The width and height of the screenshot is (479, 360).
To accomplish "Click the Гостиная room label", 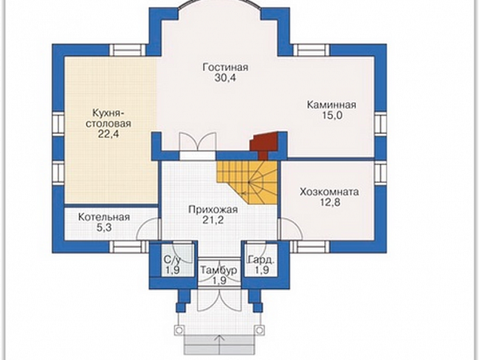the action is pos(225,67).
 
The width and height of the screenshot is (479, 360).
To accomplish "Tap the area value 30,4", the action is pos(225,78).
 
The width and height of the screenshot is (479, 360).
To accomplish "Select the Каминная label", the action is pos(332,105).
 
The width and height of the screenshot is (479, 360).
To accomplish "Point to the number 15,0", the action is pos(332,116).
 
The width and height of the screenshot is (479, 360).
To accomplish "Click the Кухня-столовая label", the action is pos(108,118).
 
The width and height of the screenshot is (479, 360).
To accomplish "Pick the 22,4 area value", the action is pos(108,134).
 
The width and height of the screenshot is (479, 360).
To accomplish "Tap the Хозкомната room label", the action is pos(329,192).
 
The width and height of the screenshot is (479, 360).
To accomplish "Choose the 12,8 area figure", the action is pos(330,203).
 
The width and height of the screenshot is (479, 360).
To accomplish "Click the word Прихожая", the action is pos(213,209).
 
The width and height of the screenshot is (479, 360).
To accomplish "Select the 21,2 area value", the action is pos(213,220).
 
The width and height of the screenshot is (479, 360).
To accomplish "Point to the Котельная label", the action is pos(104,217).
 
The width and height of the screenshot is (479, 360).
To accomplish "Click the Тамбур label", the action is pos(218,271).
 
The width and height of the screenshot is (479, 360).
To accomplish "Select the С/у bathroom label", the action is pos(172,260).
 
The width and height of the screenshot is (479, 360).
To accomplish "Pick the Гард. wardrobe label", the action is pos(261,260).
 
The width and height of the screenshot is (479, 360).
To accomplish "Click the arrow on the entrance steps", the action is pos(219,345).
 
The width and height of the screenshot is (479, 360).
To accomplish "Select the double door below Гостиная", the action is pos(198,141).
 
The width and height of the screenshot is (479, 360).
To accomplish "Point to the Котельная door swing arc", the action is pos(147,228).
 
